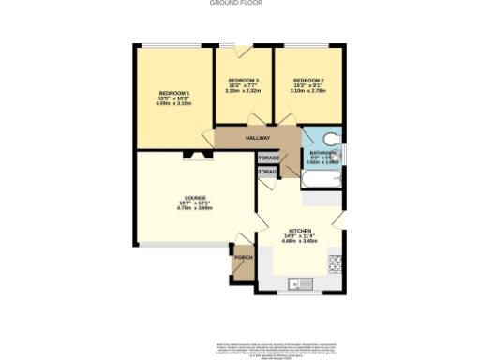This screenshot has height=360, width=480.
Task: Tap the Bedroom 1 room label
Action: tap(173, 93)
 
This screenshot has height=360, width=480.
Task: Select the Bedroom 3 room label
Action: tap(243, 81)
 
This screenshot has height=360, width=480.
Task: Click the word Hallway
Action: tap(257, 138)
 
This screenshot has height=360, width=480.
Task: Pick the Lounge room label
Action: tap(194, 198)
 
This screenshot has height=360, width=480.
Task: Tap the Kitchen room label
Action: tap(300, 231)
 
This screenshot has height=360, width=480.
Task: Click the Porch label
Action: tap(243, 256)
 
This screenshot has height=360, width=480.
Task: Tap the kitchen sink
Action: tap(296, 282)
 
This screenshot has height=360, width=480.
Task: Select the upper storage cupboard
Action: tap(269, 158)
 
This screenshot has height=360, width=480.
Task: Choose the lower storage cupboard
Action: tap(268, 172)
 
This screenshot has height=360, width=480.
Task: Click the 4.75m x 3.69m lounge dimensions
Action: tap(194, 209)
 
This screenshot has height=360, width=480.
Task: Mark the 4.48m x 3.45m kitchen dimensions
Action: tap(300, 242)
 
